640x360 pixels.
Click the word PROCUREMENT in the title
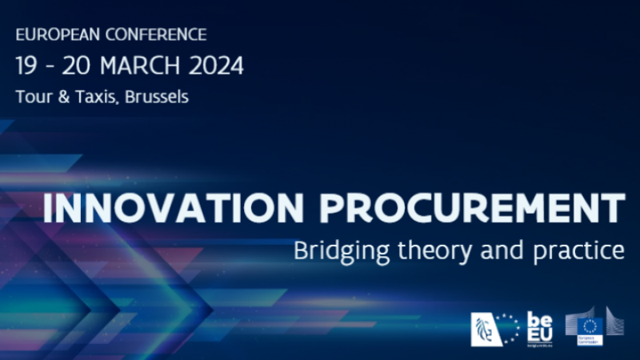[x=471, y=208]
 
